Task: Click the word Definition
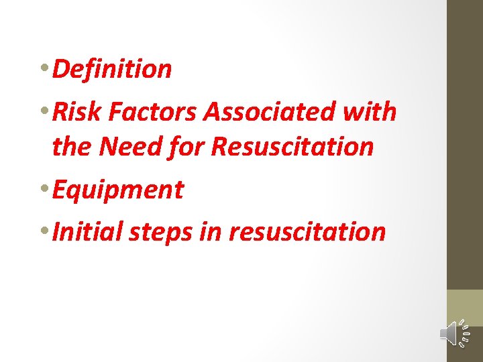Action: coord(112,69)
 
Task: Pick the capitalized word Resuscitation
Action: coord(292,146)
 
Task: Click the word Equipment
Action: coord(117,190)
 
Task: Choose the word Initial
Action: coord(83,232)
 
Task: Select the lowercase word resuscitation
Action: coord(307,232)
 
